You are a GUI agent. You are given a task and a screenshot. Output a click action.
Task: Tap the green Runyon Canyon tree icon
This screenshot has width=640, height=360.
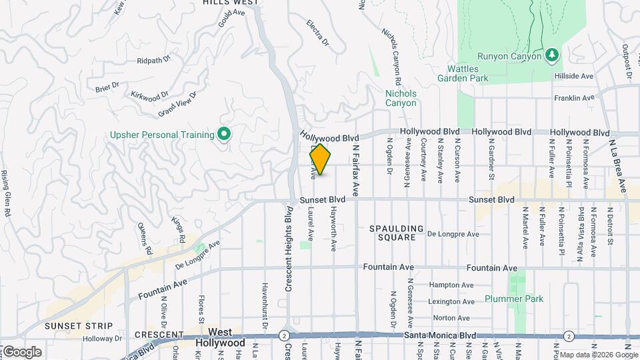tap(551, 53)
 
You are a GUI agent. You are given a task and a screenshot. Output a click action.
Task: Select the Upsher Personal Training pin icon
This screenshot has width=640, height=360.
tap(225, 135)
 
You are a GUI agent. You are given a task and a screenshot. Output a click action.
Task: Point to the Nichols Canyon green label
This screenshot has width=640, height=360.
tap(401, 98)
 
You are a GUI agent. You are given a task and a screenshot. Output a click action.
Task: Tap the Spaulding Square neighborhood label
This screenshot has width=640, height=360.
tap(397, 233)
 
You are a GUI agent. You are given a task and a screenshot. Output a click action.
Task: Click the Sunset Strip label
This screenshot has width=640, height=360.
tap(72, 325)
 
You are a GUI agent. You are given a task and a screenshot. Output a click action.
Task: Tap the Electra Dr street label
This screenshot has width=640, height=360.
tap(318, 33)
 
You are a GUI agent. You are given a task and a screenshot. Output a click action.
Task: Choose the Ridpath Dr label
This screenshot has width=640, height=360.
tap(153, 61)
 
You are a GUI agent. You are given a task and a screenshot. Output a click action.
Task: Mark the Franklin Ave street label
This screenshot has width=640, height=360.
tap(574, 98)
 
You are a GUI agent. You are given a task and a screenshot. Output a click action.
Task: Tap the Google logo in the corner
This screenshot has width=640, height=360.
tap(21, 351)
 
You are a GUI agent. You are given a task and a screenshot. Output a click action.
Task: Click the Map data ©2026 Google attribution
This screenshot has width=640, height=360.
tap(597, 355)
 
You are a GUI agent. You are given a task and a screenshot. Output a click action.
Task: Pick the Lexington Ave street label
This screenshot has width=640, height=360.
tap(453, 301)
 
